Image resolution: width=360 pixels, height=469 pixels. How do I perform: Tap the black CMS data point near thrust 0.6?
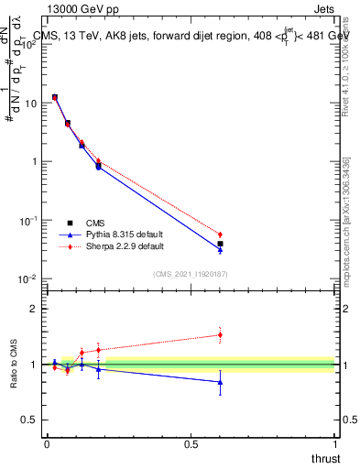(x=220, y=244)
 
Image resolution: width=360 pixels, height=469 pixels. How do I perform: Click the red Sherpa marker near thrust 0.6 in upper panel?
(x=220, y=234)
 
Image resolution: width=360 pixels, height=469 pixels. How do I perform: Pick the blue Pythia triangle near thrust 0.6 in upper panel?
(x=220, y=249)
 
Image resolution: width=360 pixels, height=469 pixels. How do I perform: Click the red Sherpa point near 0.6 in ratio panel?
(x=220, y=334)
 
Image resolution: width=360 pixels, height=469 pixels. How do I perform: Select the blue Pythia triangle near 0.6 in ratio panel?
(x=220, y=382)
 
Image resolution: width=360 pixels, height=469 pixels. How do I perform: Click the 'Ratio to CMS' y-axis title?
(x=14, y=364)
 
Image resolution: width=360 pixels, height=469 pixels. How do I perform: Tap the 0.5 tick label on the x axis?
(x=191, y=444)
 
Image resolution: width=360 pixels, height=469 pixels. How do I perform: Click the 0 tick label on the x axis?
(x=47, y=444)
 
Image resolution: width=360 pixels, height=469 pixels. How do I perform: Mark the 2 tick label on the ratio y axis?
(x=34, y=309)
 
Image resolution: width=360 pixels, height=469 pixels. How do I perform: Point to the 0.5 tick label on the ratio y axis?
(x=29, y=420)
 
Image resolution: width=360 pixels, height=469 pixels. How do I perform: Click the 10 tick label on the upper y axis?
(x=30, y=104)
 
